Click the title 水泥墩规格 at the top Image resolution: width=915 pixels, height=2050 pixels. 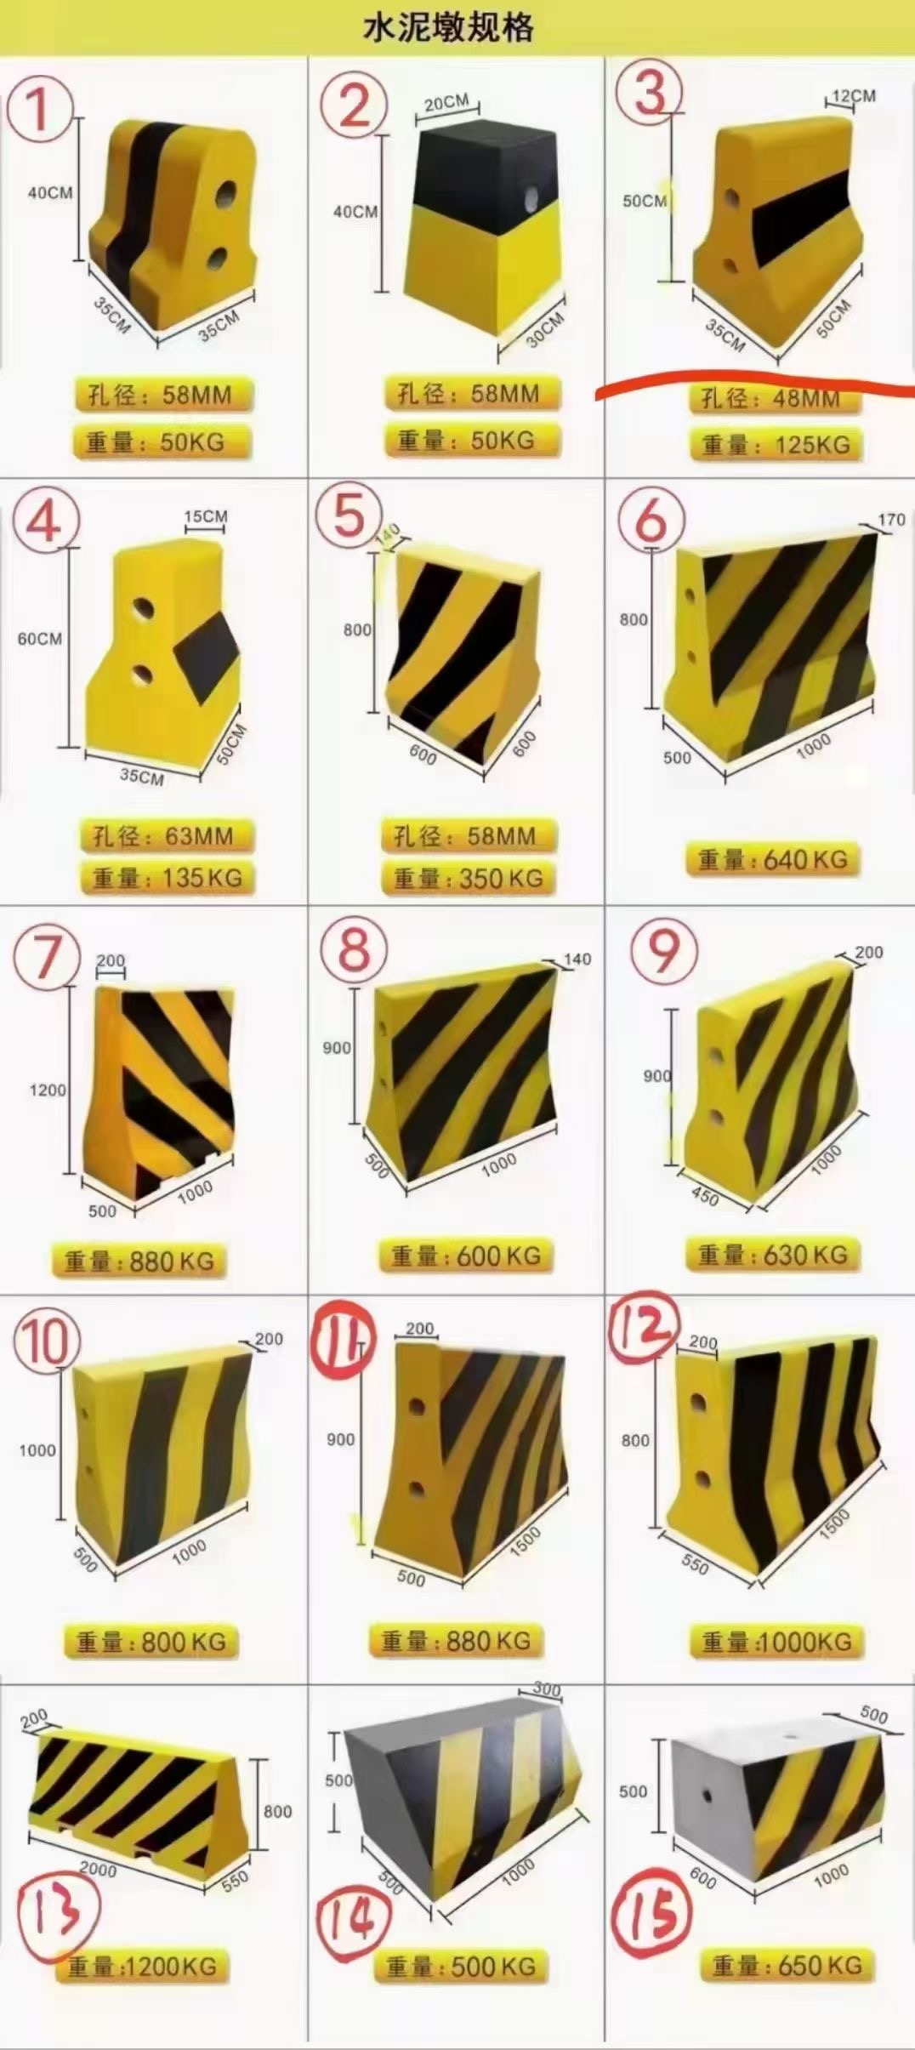pos(448,27)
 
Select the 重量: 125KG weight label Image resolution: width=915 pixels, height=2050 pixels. pos(776,444)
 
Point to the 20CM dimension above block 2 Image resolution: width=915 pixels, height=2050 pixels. pos(446,103)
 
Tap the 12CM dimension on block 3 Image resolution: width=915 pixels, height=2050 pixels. pos(853,96)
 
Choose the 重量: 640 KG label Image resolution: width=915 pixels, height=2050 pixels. pos(772,860)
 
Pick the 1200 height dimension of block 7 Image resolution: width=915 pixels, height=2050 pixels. pos(48,1090)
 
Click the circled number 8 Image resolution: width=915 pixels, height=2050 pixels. pos(354,949)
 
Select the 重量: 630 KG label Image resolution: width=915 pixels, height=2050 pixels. pos(772,1254)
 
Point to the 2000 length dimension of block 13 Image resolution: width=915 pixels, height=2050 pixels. pos(98,1870)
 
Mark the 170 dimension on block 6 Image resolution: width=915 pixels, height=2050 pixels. pos(890,519)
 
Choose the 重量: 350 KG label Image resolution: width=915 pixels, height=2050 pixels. pos(468,878)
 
